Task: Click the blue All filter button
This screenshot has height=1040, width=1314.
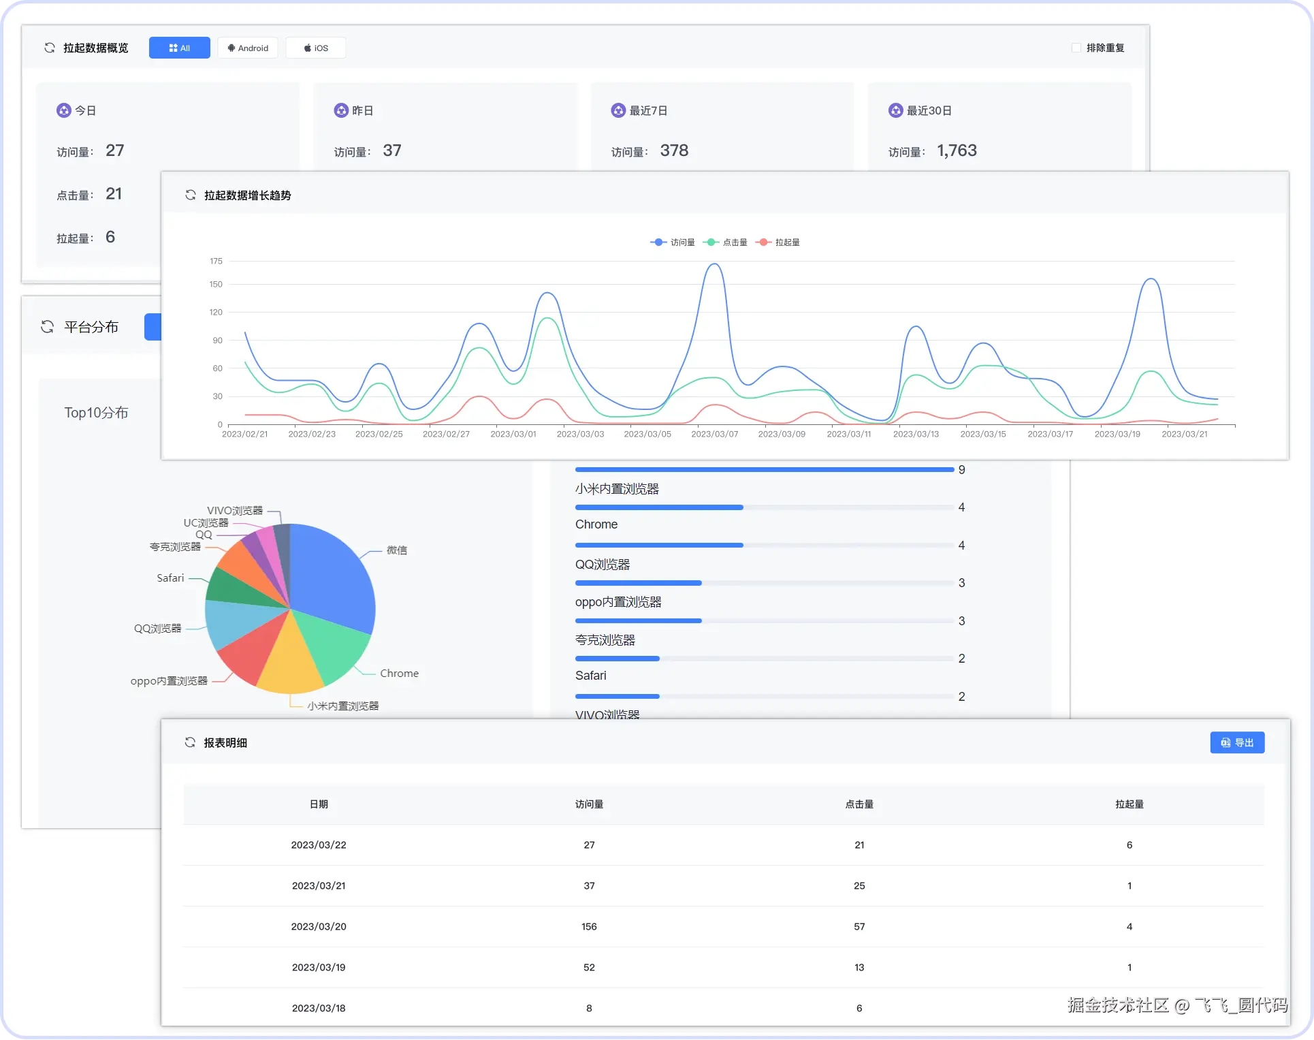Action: click(179, 48)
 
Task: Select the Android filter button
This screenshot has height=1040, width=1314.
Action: click(248, 48)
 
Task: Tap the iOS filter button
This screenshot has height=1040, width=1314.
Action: click(316, 48)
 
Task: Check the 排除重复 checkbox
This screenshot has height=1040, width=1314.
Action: click(1076, 48)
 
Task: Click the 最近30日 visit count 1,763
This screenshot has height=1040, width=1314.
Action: click(957, 151)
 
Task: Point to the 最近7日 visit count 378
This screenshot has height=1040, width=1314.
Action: click(674, 151)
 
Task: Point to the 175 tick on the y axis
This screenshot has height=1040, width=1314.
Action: click(216, 261)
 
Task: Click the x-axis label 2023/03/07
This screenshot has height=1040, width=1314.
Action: click(714, 434)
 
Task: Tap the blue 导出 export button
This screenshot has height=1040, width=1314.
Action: click(1237, 742)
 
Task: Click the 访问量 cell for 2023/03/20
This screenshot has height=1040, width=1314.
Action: click(589, 926)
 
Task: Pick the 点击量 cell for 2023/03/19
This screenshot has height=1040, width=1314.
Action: click(859, 967)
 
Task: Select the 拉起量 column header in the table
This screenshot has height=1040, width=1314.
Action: click(1129, 804)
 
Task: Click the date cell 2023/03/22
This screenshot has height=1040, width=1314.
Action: click(319, 845)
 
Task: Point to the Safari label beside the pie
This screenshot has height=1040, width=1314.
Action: click(170, 578)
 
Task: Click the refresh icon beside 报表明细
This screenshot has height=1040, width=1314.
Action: click(190, 742)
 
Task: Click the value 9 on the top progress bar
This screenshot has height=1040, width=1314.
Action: click(961, 470)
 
